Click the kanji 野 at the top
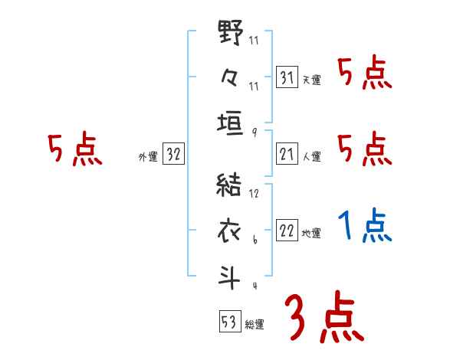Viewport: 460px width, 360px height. point(230,34)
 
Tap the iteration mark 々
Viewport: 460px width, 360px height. point(230,78)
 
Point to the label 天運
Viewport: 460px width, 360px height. point(311,80)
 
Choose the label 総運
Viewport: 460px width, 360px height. point(255,324)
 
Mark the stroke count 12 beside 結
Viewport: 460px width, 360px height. point(255,194)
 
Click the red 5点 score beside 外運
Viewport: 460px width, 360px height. point(74,149)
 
